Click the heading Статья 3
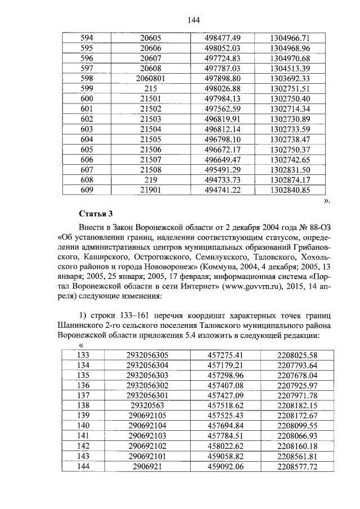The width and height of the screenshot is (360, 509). (x=96, y=214)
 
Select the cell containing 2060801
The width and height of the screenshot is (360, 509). (x=150, y=78)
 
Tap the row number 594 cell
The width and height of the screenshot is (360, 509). (x=87, y=38)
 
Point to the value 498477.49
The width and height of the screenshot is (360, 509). (x=223, y=38)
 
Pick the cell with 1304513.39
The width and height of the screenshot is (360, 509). (x=290, y=68)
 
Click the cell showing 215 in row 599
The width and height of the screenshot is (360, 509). (x=150, y=88)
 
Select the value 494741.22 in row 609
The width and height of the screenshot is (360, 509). (x=223, y=190)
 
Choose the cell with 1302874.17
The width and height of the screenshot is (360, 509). (x=290, y=180)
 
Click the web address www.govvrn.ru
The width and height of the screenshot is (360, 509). (x=251, y=285)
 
